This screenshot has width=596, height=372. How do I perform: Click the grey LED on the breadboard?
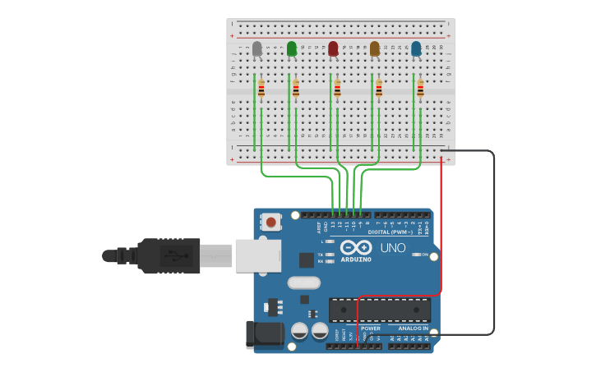click(x=257, y=49)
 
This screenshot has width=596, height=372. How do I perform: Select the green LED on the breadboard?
click(x=292, y=49)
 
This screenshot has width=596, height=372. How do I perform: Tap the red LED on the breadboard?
click(x=333, y=49)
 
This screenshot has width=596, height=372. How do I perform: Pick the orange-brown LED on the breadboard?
click(x=375, y=49)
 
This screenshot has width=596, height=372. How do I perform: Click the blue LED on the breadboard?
click(x=416, y=49)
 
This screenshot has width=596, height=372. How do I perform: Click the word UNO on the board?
click(x=392, y=248)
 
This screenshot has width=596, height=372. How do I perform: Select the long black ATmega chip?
click(x=379, y=310)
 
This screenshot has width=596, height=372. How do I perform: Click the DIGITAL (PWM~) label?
click(x=390, y=232)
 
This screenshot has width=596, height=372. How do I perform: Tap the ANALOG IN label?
click(x=413, y=328)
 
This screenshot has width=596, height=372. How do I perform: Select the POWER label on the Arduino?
click(x=371, y=328)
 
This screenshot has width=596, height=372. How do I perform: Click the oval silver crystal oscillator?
click(x=303, y=282)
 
